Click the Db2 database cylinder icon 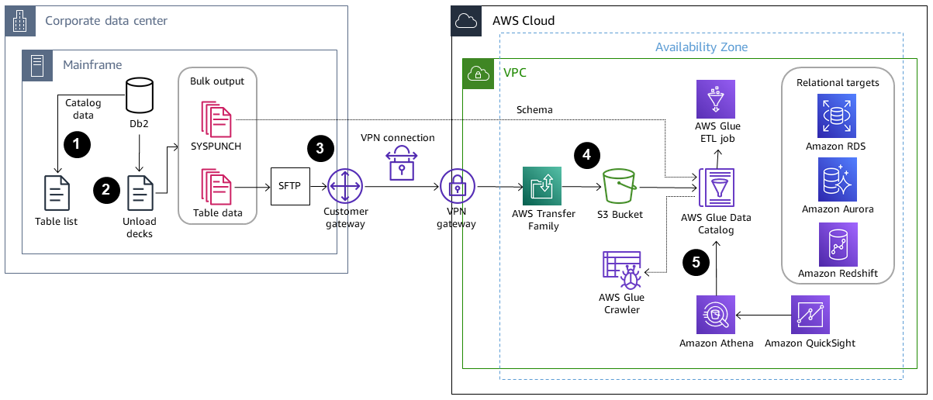[140, 95]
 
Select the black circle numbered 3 [320, 148]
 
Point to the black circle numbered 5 [696, 263]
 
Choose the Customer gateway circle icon [341, 187]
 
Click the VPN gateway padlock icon [458, 187]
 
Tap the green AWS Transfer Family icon [543, 187]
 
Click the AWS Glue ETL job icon [718, 98]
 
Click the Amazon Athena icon [716, 315]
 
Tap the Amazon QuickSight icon [810, 315]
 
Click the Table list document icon [56, 193]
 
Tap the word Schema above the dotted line [534, 109]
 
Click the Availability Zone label [701, 47]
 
